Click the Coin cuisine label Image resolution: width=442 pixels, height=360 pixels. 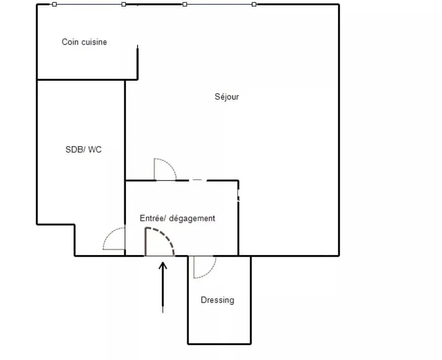tap(85, 42)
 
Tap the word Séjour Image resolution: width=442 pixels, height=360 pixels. tap(227, 97)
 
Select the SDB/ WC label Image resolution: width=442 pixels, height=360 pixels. tap(83, 149)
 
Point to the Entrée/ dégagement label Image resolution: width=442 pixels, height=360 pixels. tap(177, 218)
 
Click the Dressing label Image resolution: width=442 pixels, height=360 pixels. tap(217, 300)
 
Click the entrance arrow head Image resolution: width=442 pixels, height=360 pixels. tap(162, 266)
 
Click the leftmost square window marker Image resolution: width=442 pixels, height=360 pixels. tap(54, 4)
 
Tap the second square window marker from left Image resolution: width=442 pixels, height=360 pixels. tap(123, 4)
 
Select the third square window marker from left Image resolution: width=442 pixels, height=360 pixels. tap(185, 4)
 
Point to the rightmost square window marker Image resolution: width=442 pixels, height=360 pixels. tap(254, 4)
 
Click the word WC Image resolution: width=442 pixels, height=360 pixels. tap(94, 149)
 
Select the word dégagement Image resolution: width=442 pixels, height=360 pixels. tap(192, 218)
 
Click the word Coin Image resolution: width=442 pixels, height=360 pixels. tap(69, 42)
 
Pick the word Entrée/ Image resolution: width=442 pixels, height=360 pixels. tap(153, 218)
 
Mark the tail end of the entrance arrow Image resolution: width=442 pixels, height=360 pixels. tap(162, 313)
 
